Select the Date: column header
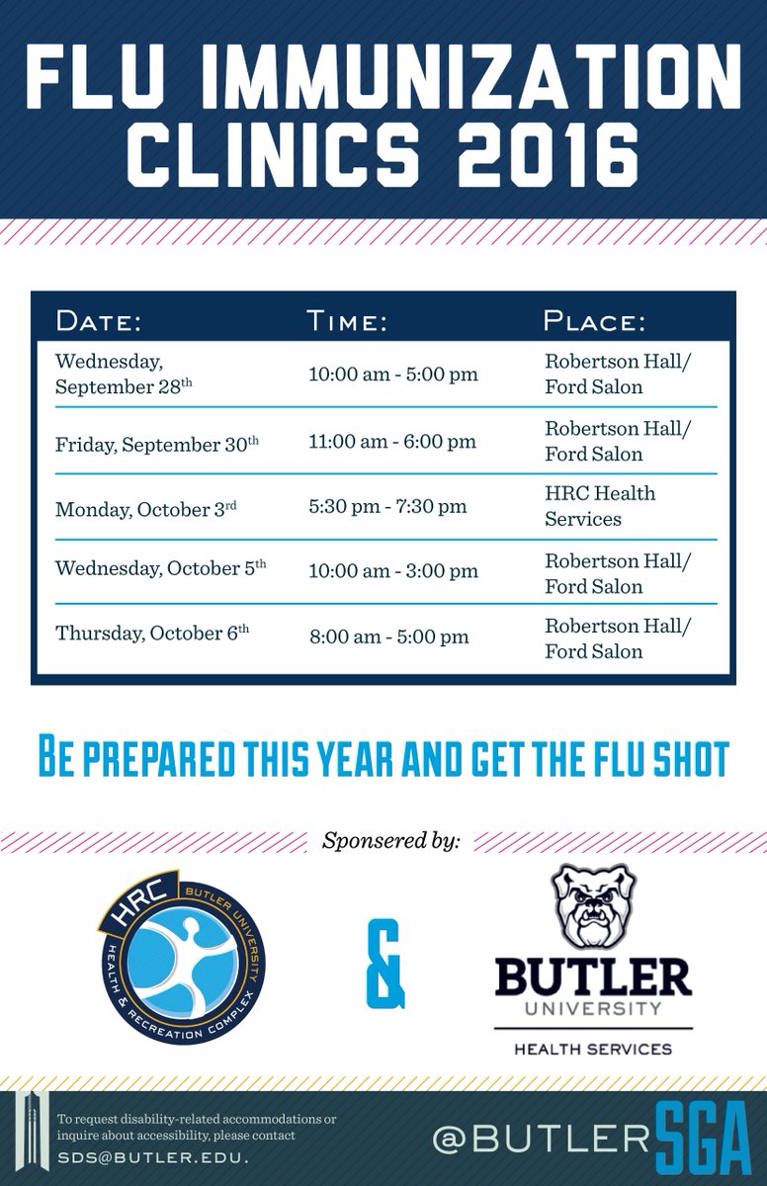pos(99,321)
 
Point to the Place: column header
pos(595,321)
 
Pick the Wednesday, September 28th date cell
pos(124,374)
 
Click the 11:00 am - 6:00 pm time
pos(392,441)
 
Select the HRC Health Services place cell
pos(600,505)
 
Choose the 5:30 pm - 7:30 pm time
pos(387,507)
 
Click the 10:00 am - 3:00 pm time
pos(393,571)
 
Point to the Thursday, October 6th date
pos(152,634)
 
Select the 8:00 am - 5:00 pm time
pos(388,636)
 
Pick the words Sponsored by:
pos(391,842)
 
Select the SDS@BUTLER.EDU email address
pos(152,1156)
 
